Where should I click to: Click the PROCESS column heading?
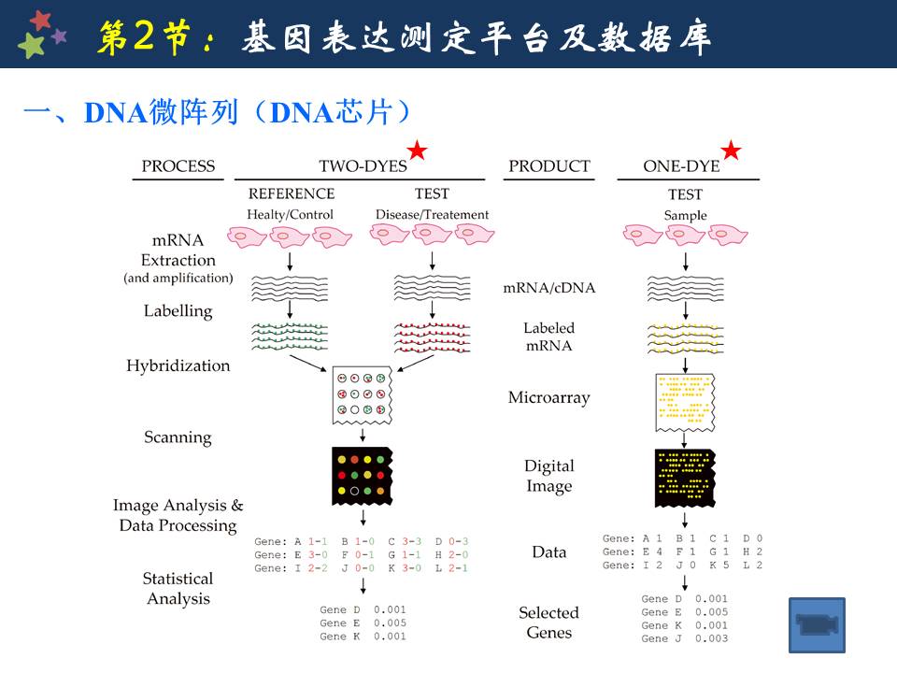coord(178,166)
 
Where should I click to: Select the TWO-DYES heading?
coord(363,166)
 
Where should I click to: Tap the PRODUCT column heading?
coord(548,166)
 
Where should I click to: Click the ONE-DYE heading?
coord(681,166)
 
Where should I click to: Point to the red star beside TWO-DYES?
coord(417,150)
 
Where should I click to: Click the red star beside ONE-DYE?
coord(731,150)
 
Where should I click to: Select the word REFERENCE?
coord(291,194)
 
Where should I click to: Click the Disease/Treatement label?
coord(432,215)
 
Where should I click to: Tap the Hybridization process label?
coord(178,365)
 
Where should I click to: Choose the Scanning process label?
coord(178,437)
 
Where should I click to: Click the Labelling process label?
coord(178,311)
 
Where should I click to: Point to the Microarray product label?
coord(548,398)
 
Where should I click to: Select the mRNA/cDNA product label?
coord(548,288)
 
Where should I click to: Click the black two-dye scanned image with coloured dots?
coord(362,473)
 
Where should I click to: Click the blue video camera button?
coord(817,624)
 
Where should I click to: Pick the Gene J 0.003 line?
coord(684,638)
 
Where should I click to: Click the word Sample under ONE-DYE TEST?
coord(685,215)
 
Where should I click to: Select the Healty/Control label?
coord(290,215)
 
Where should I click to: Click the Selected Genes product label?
coord(548,623)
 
